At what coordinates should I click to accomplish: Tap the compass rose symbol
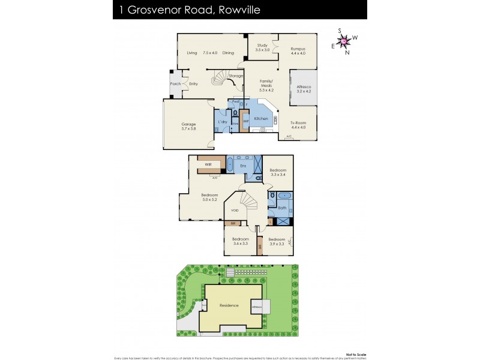pyautogui.click(x=344, y=41)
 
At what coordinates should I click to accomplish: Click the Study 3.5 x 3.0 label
pyautogui.click(x=262, y=47)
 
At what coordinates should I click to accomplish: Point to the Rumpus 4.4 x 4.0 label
pyautogui.click(x=298, y=50)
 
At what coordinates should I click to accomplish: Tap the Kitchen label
pyautogui.click(x=261, y=119)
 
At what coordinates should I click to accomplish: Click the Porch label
pyautogui.click(x=175, y=84)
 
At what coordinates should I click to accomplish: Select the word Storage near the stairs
pyautogui.click(x=236, y=76)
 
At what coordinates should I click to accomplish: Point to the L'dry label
pyautogui.click(x=222, y=122)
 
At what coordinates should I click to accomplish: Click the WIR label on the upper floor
pyautogui.click(x=208, y=164)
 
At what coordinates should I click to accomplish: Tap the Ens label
pyautogui.click(x=243, y=165)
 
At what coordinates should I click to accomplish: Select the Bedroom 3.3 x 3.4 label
pyautogui.click(x=278, y=172)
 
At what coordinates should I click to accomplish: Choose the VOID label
pyautogui.click(x=235, y=211)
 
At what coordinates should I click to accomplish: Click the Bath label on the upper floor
pyautogui.click(x=282, y=208)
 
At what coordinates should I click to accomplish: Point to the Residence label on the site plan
pyautogui.click(x=229, y=305)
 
